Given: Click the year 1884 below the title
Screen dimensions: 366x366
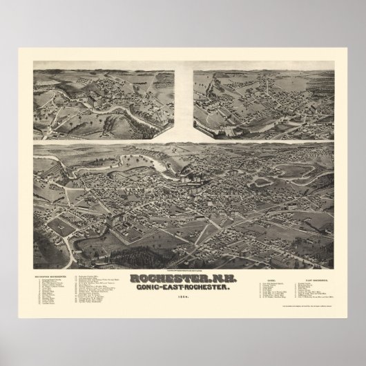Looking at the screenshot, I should click(182, 298).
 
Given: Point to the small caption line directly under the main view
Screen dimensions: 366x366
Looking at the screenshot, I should click(182, 270).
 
